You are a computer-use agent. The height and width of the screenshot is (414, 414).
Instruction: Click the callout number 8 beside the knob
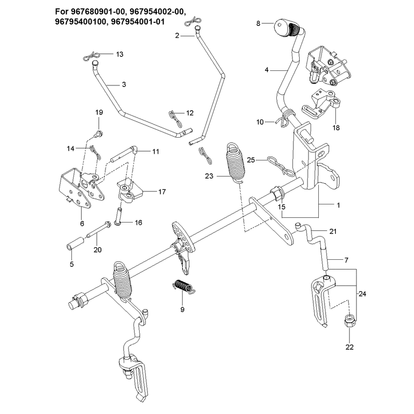coord(258,23)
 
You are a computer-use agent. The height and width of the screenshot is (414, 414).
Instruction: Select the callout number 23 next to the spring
coord(209,176)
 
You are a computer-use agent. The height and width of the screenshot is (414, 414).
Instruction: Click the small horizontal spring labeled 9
coord(184,287)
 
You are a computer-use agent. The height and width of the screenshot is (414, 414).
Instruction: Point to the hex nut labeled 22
coord(350,320)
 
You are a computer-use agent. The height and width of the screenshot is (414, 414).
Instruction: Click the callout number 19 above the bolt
coord(99,112)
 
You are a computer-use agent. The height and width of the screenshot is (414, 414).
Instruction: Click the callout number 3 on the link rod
coord(124,84)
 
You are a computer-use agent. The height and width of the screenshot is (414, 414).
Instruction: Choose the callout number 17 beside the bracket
coord(162,191)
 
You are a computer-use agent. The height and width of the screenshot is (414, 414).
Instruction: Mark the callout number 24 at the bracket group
coord(362,293)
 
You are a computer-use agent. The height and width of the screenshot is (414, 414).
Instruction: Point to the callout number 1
coord(338,205)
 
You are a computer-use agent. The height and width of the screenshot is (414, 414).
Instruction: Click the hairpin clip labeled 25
coord(280,166)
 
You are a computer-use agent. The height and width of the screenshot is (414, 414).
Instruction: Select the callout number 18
coord(336,128)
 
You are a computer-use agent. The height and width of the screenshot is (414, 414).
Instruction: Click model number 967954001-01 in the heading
coord(138,22)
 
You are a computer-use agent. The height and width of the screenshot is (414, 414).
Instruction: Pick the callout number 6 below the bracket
coord(82,224)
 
